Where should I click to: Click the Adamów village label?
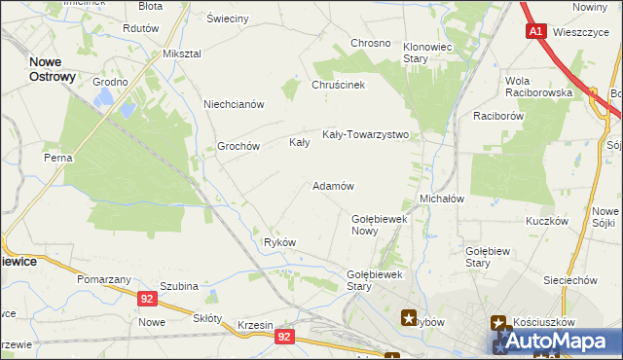click(333, 185)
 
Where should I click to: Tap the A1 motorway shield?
click(536, 32)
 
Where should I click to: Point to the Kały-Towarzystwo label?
click(365, 135)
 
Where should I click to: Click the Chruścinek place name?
click(338, 85)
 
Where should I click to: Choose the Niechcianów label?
click(234, 104)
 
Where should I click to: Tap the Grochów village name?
click(238, 147)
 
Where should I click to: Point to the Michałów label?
click(441, 198)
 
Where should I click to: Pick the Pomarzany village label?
click(104, 279)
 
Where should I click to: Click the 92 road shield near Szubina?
click(147, 300)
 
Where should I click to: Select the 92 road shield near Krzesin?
click(283, 337)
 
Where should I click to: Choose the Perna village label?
click(57, 156)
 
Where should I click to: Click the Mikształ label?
click(181, 53)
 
